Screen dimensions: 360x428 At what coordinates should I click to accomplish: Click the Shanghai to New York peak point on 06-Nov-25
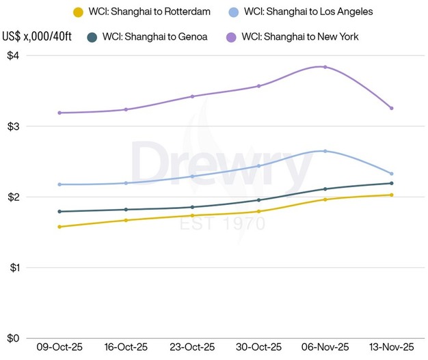(x=325, y=67)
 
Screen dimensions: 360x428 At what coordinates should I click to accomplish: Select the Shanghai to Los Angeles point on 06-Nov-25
(x=325, y=151)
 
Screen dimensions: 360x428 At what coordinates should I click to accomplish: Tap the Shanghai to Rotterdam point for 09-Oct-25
(x=59, y=227)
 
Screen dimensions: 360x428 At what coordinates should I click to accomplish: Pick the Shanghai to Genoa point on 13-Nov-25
(x=391, y=183)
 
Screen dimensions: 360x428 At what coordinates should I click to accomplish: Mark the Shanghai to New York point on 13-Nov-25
(x=391, y=108)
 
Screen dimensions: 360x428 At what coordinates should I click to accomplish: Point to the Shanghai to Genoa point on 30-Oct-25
(x=258, y=200)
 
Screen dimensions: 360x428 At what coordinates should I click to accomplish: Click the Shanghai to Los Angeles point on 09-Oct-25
(x=59, y=184)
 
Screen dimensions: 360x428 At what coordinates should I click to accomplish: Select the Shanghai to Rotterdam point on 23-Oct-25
(x=192, y=215)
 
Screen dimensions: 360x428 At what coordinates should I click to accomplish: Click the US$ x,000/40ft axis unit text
(x=36, y=36)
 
